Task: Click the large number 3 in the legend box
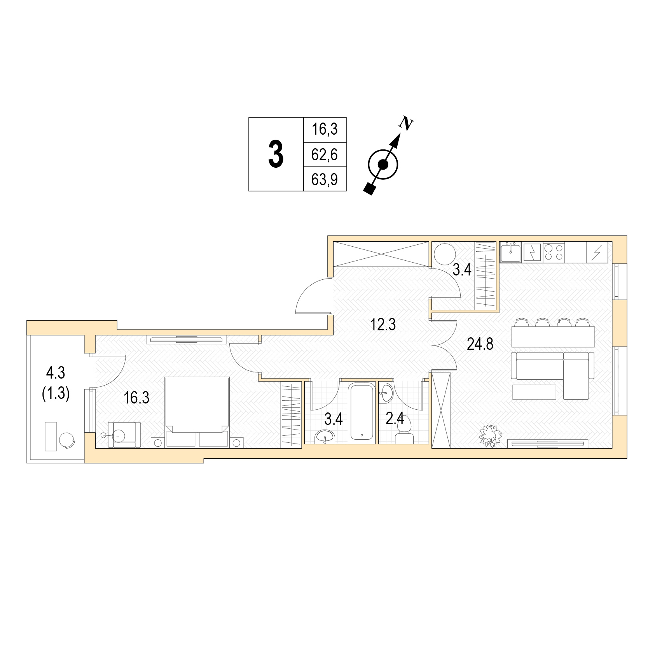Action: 276,154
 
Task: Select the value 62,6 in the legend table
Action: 325,155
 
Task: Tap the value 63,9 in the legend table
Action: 325,180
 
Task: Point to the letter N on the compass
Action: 406,123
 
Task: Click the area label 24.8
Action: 480,344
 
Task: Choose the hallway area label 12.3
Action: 383,324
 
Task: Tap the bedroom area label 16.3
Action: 136,398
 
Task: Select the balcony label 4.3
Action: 56,373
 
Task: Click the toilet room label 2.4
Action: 395,419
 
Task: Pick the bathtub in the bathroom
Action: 362,411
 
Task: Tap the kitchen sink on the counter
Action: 511,252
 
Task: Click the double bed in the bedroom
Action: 197,412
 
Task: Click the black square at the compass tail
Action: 370,189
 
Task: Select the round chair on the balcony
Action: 67,441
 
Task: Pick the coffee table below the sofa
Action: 534,392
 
